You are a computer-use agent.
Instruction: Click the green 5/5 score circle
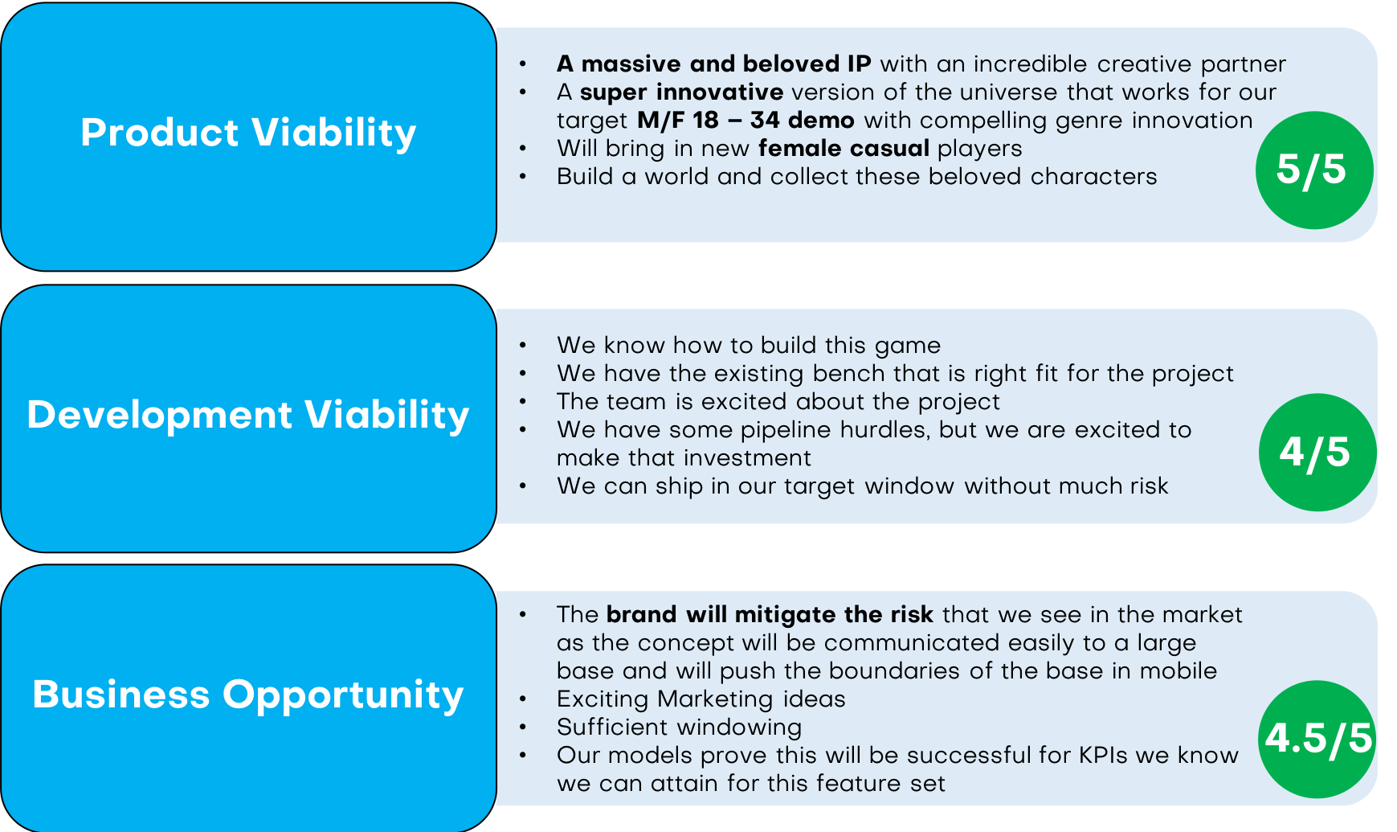[1313, 170]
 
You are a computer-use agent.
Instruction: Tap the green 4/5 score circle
[1317, 452]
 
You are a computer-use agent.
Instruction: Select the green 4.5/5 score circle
[1317, 739]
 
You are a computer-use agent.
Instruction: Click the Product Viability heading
[248, 133]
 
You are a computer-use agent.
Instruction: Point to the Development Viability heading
[248, 415]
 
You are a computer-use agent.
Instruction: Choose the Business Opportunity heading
[248, 695]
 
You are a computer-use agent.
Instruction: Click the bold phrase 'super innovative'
[681, 92]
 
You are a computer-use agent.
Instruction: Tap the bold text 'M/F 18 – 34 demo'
[745, 121]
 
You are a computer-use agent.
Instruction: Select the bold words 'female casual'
[844, 149]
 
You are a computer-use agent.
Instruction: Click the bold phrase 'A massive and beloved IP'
[713, 64]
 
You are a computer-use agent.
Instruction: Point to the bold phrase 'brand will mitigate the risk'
[769, 615]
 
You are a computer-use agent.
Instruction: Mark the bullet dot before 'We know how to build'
[523, 346]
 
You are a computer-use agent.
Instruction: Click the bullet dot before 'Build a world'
[523, 177]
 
